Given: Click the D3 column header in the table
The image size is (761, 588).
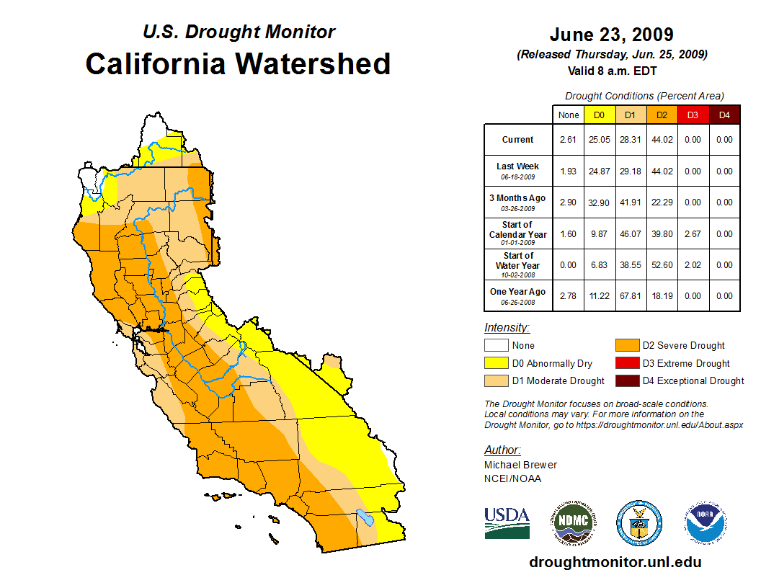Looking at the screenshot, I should pyautogui.click(x=693, y=115).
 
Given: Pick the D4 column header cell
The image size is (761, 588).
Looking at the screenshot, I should pyautogui.click(x=724, y=115).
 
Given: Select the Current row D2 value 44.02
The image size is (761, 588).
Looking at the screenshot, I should pyautogui.click(x=662, y=140).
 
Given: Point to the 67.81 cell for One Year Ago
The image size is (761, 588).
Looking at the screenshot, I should pyautogui.click(x=630, y=295).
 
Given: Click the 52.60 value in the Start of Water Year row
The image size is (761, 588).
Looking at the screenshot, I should pyautogui.click(x=662, y=264).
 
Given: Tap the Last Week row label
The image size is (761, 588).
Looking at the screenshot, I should pyautogui.click(x=517, y=170).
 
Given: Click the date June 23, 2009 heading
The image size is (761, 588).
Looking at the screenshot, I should pyautogui.click(x=611, y=35).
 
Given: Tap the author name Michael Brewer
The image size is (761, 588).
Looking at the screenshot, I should pyautogui.click(x=520, y=465).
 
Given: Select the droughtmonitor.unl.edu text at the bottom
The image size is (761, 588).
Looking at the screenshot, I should pyautogui.click(x=615, y=562).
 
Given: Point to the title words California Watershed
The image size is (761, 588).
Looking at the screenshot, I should pyautogui.click(x=238, y=63).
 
